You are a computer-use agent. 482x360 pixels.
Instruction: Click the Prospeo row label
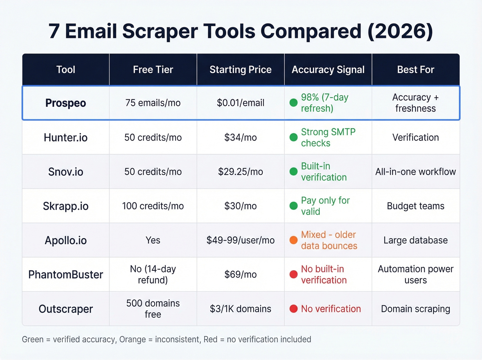coord(65,103)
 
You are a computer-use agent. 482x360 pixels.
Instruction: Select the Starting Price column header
coord(240,70)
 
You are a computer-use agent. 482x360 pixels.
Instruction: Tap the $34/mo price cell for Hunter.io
coord(240,137)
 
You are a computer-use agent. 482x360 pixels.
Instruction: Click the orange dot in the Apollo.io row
coord(293,240)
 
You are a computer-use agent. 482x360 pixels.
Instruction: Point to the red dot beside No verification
coord(293,309)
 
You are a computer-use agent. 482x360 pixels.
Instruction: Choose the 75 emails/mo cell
coord(153,103)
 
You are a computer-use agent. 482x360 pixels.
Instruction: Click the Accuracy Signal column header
coord(328,70)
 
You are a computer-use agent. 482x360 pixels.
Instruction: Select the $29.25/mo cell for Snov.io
coord(240,172)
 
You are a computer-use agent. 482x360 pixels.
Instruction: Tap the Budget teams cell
coord(415,206)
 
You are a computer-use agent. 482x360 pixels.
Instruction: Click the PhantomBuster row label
coord(65,275)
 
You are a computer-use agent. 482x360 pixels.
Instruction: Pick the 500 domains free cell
coord(153,309)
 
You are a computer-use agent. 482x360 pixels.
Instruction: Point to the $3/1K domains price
coord(240,309)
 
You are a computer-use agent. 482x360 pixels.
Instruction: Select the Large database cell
coord(415,240)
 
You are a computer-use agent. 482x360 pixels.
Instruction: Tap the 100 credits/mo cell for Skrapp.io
coord(153,206)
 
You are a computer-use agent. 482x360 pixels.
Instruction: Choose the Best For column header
coord(415,70)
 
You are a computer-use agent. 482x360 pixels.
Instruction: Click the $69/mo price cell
coord(240,275)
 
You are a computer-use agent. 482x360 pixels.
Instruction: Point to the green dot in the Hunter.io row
coord(293,137)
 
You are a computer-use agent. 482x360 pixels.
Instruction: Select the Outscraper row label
coord(65,309)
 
